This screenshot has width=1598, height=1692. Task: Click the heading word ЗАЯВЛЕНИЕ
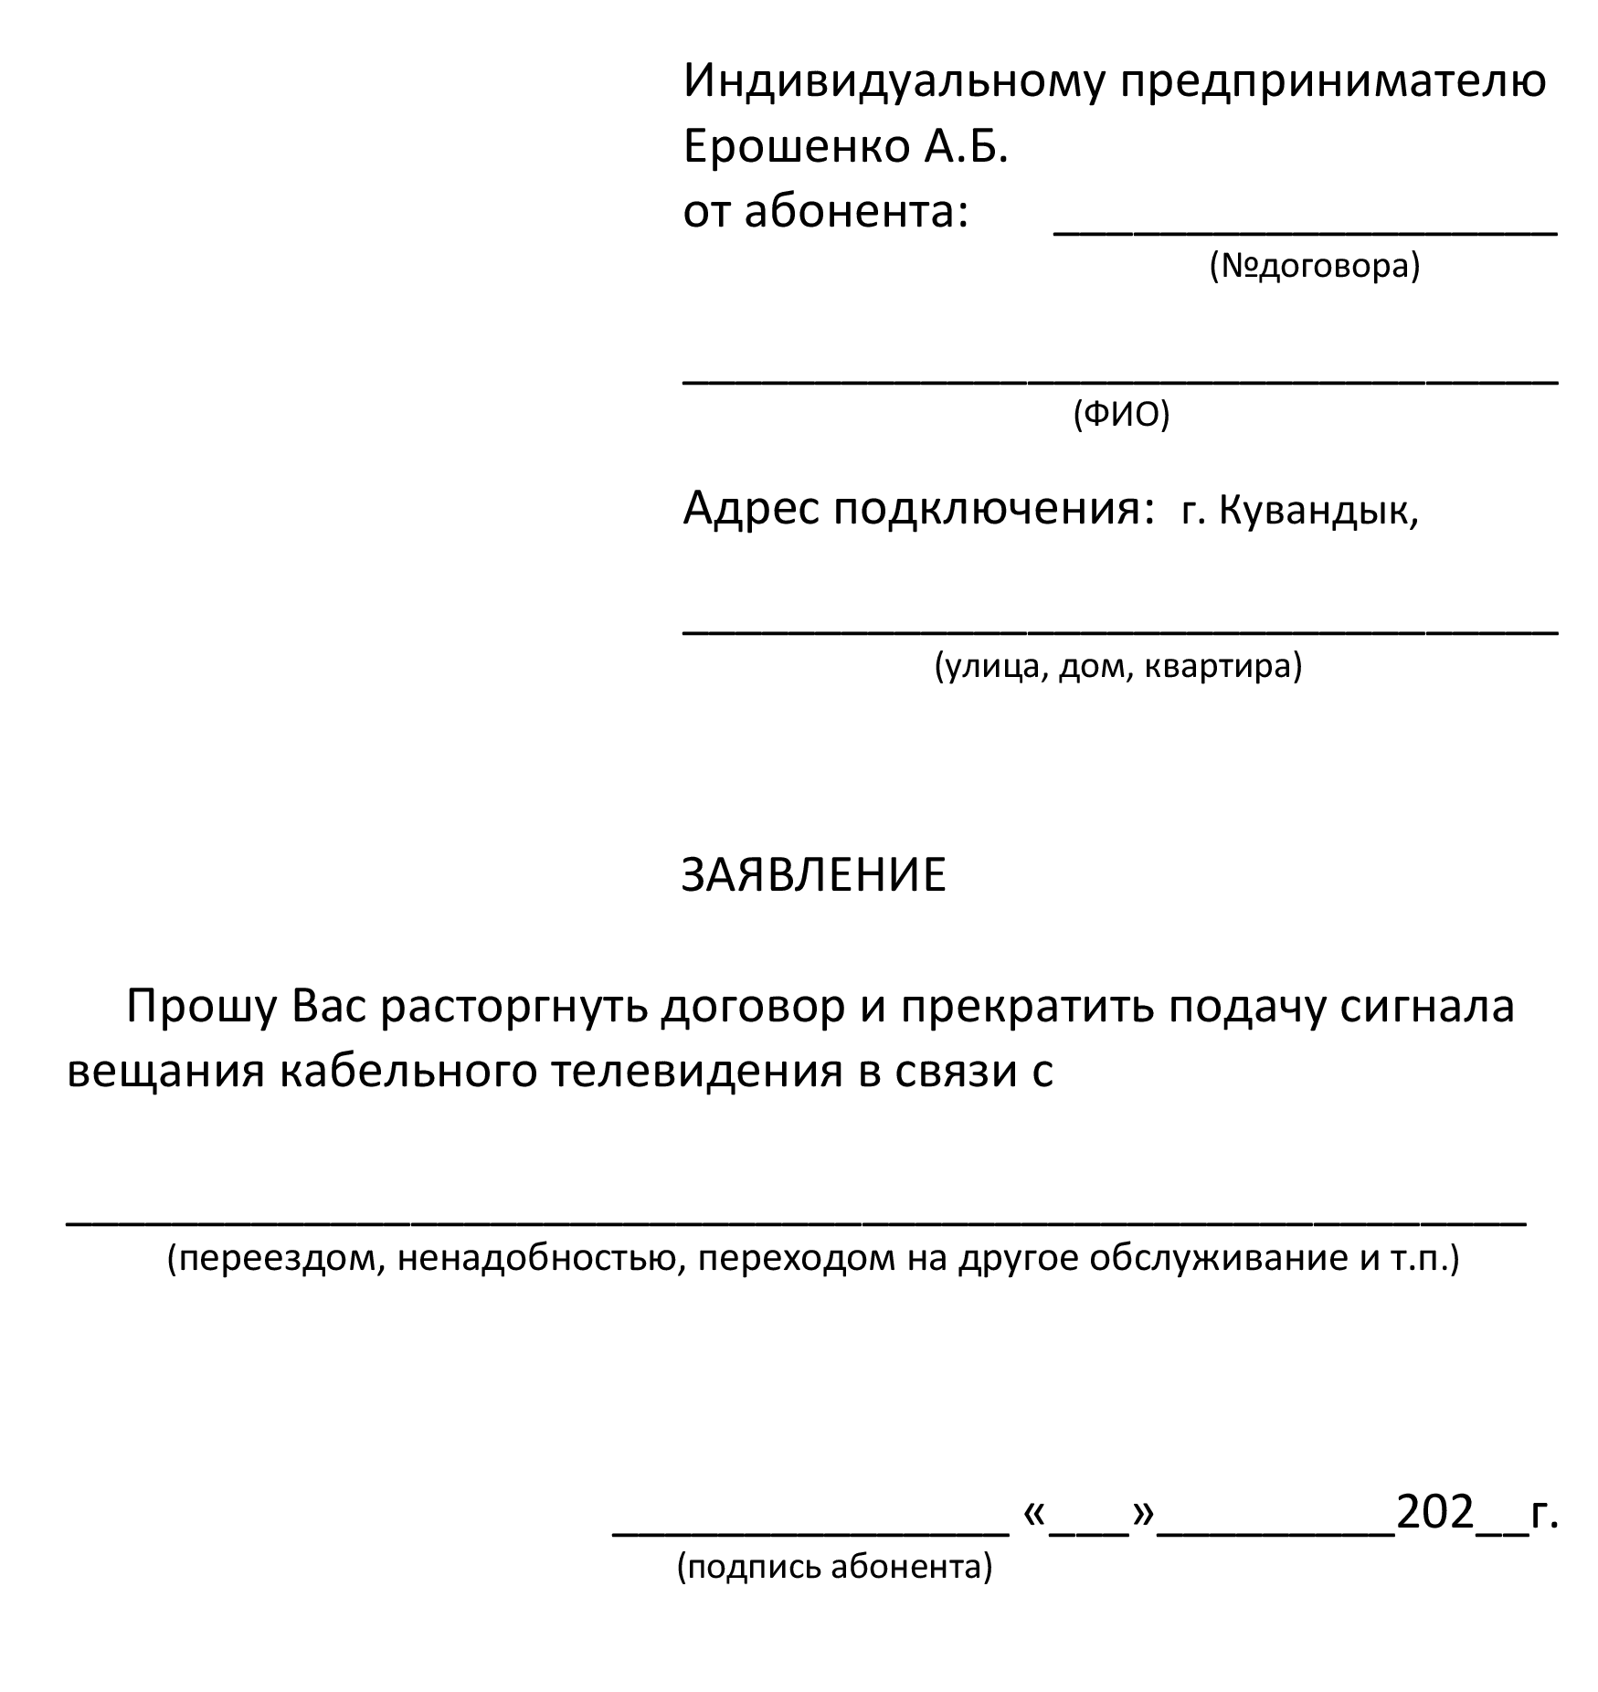813,875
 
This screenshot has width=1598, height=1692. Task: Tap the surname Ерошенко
796,146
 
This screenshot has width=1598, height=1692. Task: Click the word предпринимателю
1333,81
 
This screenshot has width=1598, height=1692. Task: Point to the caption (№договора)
1315,266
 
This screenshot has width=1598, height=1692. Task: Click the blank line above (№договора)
1306,234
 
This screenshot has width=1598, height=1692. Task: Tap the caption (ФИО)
1120,414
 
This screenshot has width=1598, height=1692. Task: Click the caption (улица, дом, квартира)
1117,666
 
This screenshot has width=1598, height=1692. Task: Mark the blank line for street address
1120,631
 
